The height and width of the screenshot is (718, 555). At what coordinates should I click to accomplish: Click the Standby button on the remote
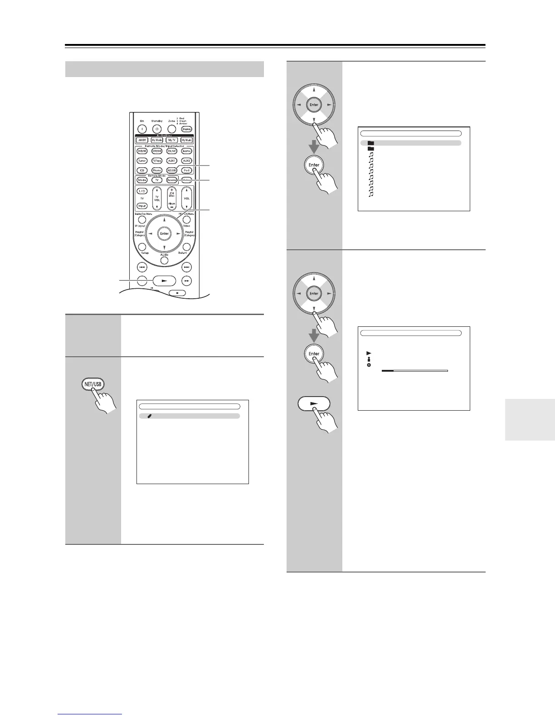tap(157, 129)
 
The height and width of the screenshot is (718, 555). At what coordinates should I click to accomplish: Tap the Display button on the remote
tap(186, 129)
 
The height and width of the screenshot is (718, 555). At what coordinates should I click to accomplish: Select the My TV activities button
tap(172, 140)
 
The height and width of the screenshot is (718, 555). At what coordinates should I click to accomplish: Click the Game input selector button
tap(186, 151)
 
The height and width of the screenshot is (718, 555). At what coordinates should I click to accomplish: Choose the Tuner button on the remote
tap(142, 161)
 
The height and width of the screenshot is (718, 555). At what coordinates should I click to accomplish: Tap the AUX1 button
tap(172, 161)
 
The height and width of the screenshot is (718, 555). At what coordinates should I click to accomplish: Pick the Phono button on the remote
tap(157, 170)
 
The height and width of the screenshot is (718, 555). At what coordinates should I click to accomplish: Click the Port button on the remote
tap(186, 170)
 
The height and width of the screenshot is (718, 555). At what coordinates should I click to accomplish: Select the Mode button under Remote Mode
tap(142, 180)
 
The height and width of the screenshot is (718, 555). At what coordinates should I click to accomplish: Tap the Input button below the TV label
tap(142, 206)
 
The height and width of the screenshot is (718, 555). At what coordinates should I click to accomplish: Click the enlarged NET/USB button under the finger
tap(93, 384)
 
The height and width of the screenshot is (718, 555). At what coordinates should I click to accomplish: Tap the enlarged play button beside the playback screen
tap(314, 404)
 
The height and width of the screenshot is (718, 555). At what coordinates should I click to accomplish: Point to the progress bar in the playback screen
tap(414, 370)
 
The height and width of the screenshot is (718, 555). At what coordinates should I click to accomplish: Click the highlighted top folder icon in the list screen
tap(371, 143)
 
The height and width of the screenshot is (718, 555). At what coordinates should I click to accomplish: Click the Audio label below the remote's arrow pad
tap(164, 255)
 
